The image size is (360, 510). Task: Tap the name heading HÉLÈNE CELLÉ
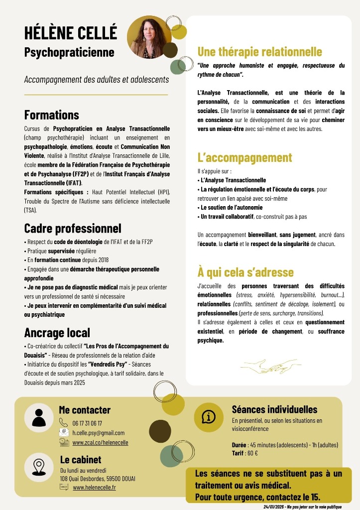point(71,33)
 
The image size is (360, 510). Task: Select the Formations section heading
point(51,115)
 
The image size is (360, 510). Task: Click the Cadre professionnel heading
point(73,228)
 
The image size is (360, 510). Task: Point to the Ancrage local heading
point(57,332)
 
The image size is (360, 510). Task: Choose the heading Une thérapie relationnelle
point(260,52)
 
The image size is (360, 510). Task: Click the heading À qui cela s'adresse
point(245,272)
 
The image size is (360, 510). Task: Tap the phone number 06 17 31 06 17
point(87,423)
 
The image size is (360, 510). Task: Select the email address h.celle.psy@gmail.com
point(99,432)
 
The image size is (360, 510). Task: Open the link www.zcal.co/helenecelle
point(100,442)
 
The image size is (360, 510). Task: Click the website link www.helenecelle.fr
point(94,488)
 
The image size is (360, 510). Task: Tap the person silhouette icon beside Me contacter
point(39,416)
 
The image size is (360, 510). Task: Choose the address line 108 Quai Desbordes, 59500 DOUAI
point(98,479)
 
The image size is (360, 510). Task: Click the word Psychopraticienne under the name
point(69,52)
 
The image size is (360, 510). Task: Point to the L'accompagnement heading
point(244,158)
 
